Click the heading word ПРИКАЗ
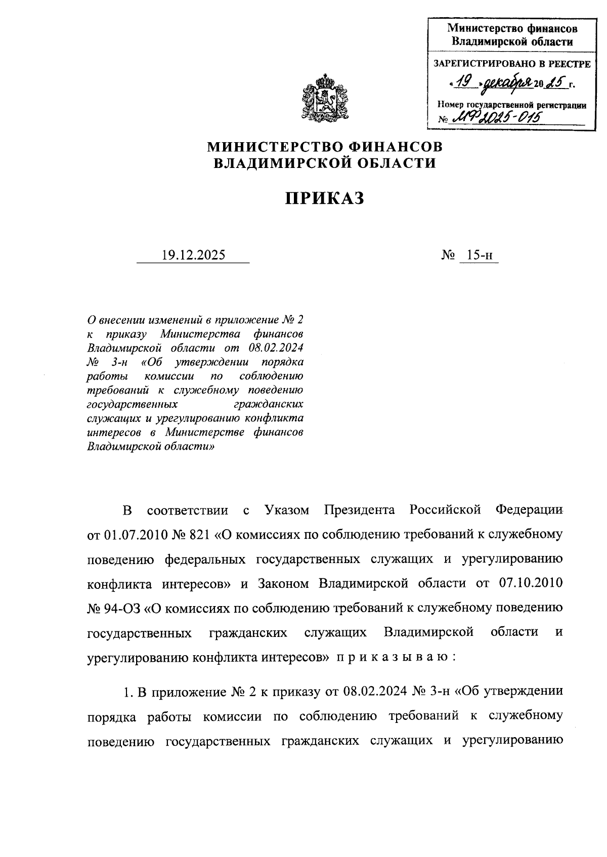click(324, 198)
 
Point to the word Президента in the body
click(360, 510)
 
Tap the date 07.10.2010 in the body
click(531, 583)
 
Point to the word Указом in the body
click(287, 510)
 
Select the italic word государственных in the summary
click(133, 404)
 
